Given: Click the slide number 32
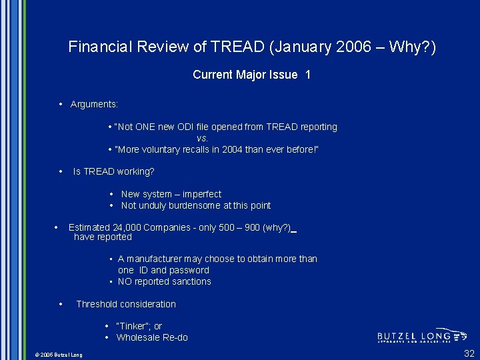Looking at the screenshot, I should click(469, 353).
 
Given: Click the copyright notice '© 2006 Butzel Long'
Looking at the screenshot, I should click(59, 355).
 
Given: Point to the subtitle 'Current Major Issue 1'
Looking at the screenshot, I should click(251, 75).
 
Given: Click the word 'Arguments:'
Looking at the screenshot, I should click(94, 104).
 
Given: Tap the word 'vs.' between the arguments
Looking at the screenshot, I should click(203, 138).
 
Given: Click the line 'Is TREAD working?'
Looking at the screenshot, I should click(113, 171).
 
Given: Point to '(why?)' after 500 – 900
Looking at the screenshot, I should click(277, 227).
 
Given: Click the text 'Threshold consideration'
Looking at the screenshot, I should click(126, 304).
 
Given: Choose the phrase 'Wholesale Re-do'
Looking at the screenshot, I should click(152, 337).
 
